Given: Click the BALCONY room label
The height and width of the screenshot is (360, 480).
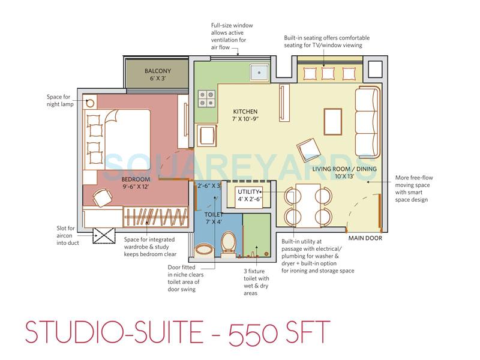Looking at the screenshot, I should [158, 74].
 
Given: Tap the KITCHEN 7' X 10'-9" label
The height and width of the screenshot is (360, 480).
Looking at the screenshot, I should [245, 116].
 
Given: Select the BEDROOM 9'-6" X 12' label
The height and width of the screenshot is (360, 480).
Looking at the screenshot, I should [135, 183].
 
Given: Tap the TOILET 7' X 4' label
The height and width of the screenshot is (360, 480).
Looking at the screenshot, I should [214, 218].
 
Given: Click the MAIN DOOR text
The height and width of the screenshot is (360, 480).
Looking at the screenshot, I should [365, 238].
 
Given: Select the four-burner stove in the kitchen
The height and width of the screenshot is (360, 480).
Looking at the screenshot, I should [207, 97].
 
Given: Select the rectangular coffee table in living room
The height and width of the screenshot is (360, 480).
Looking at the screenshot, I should [333, 122].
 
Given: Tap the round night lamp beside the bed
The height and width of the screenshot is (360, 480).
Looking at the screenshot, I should [91, 102].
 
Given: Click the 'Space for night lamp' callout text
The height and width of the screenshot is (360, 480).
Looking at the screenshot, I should [61, 100].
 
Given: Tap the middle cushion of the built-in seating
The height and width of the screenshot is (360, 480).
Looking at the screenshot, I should [328, 73].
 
